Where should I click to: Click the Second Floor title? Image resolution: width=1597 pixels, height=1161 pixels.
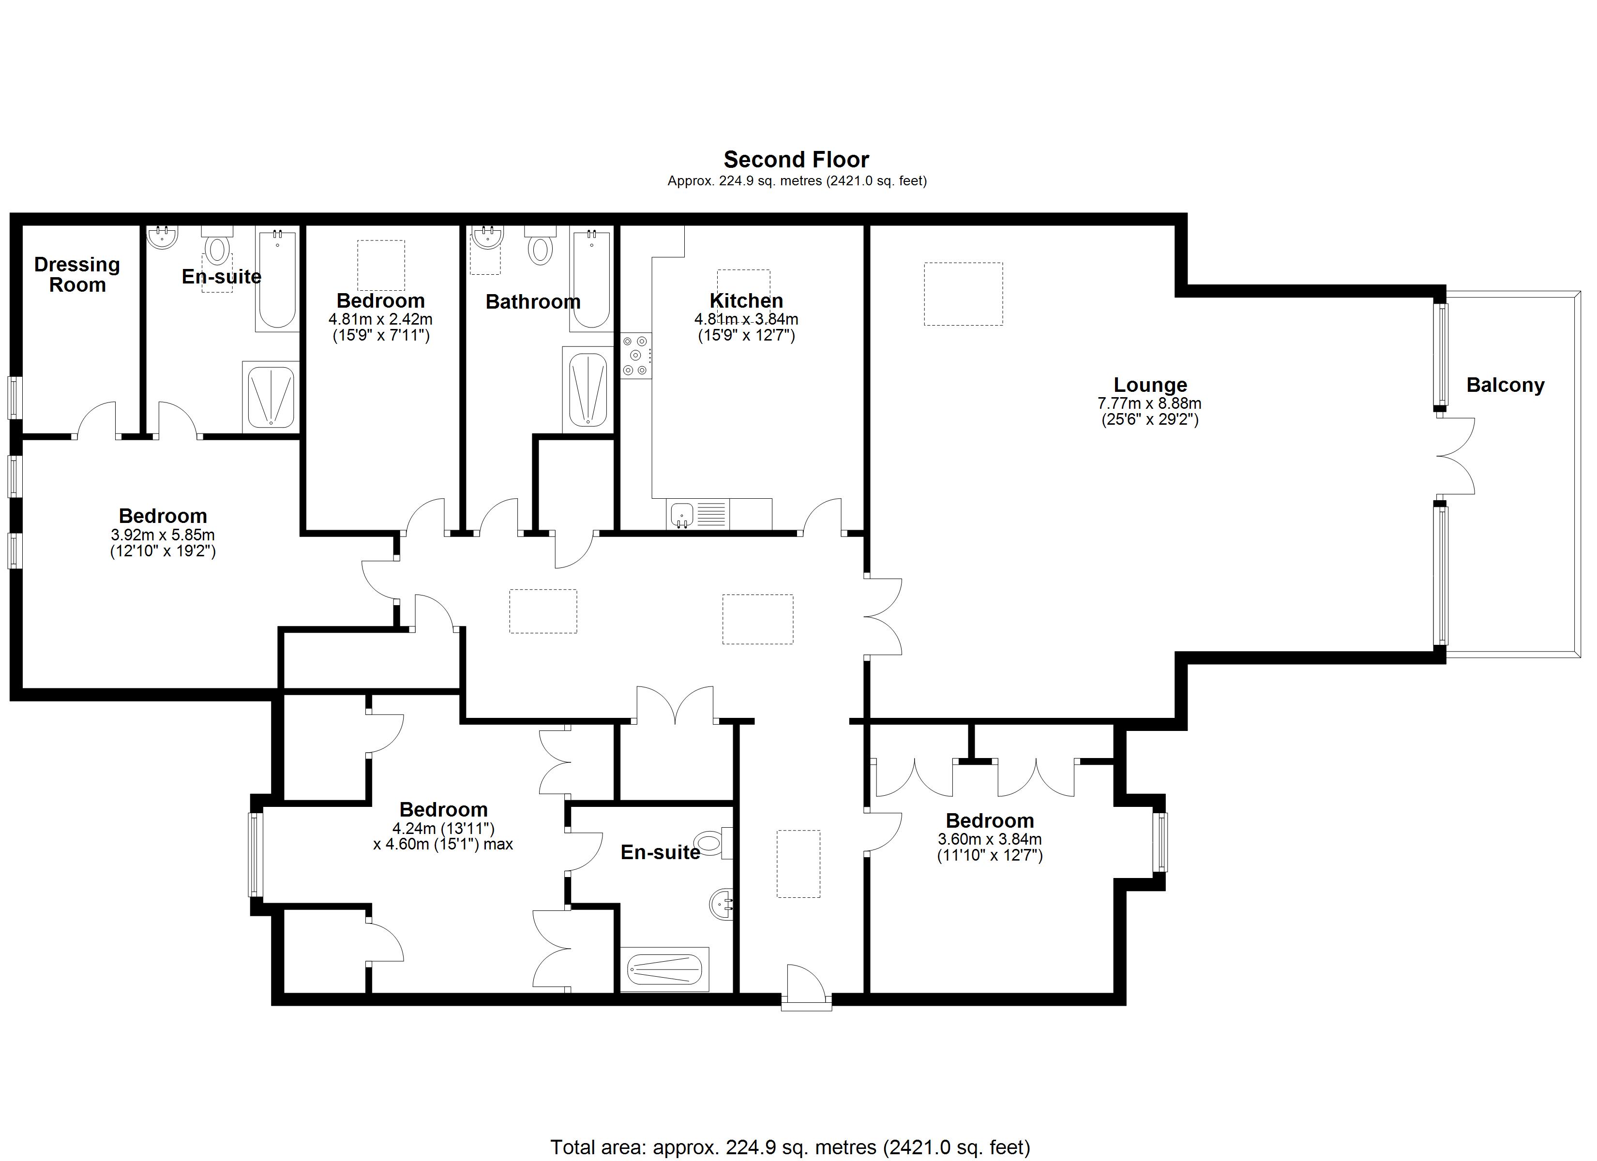pos(797,159)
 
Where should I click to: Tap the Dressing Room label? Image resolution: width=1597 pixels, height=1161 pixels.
pos(77,275)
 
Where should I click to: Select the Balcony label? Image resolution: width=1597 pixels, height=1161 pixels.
pos(1506,385)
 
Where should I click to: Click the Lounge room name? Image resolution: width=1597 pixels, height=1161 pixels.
pos(1150,385)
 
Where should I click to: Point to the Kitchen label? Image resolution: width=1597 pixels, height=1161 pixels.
pos(746,300)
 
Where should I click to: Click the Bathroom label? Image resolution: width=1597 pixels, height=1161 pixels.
pos(533,302)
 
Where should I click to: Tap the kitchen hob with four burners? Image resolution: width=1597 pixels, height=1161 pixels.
pos(636,356)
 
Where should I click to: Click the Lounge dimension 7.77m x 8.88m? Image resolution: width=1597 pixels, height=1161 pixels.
pos(1149,404)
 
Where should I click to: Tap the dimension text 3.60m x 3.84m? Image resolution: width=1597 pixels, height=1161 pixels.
pos(989,839)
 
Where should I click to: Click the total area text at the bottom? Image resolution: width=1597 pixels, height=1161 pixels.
pos(790,1147)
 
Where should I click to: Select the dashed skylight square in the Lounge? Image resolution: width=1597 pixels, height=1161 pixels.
pos(963,294)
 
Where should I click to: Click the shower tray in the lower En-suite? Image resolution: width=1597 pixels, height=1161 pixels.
pos(665,969)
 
